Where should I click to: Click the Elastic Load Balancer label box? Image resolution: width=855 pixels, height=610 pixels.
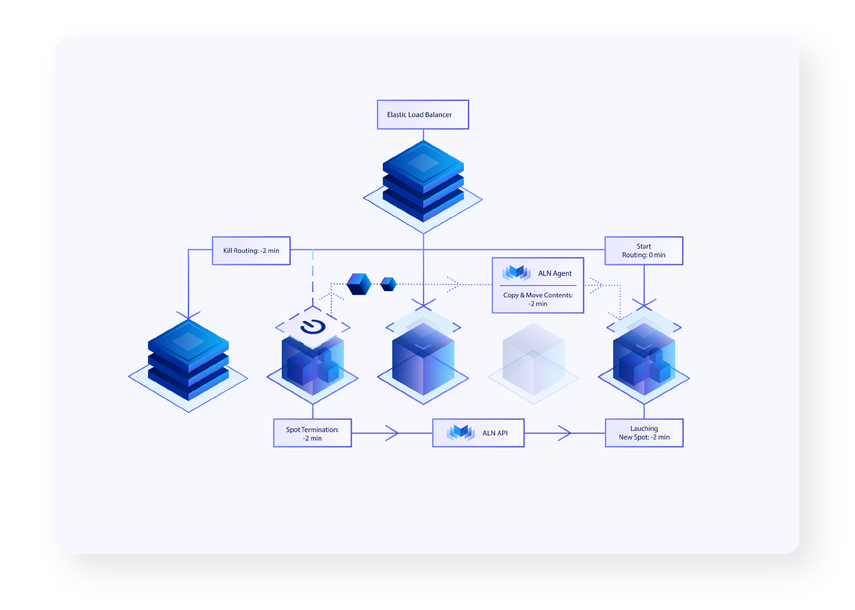[x=423, y=114]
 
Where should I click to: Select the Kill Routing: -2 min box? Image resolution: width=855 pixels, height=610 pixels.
[x=251, y=250]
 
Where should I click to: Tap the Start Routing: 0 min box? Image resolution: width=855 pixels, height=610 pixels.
[x=644, y=250]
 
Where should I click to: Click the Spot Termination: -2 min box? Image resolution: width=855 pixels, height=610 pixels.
[x=312, y=433]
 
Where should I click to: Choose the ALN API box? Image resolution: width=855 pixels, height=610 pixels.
[x=478, y=433]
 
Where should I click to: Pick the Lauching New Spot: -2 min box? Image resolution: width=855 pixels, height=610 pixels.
[x=644, y=433]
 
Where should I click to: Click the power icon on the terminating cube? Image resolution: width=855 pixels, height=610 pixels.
[x=313, y=327]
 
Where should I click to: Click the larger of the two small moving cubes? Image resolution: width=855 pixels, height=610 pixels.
[x=359, y=283]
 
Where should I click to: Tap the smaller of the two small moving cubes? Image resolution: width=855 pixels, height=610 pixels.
[x=388, y=284]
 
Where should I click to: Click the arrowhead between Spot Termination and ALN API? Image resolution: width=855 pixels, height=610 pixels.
[x=392, y=433]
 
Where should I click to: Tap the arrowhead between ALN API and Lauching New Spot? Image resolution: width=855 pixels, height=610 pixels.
[x=564, y=433]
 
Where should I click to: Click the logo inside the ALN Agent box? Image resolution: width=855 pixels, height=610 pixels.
[x=516, y=273]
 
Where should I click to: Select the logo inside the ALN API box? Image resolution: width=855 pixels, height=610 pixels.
[x=461, y=433]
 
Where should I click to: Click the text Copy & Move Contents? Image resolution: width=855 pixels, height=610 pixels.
[x=538, y=295]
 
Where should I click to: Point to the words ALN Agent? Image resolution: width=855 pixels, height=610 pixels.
[x=555, y=273]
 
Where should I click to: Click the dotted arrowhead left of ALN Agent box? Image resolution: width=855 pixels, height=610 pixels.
[x=453, y=284]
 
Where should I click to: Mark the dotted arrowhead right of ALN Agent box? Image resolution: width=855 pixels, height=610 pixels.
[x=595, y=285]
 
